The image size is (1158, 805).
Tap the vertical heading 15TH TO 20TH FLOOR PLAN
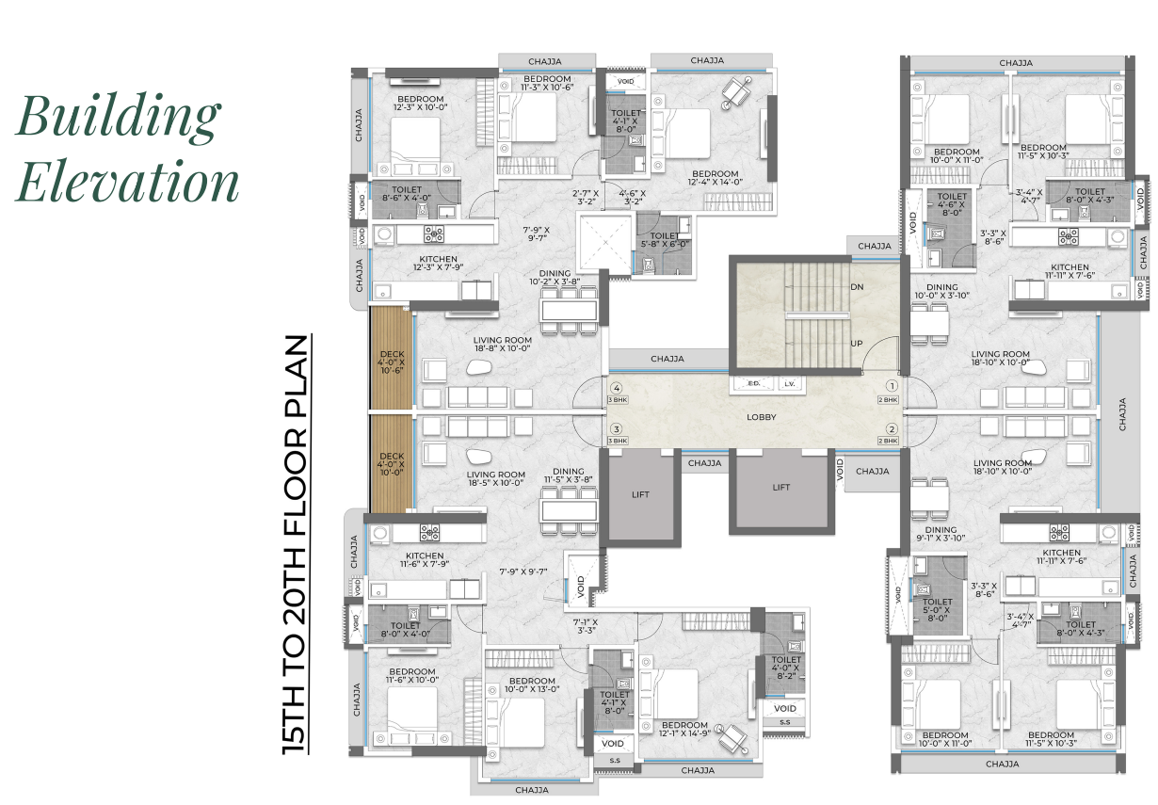tap(298, 544)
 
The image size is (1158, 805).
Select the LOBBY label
tap(761, 417)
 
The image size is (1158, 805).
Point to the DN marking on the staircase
tap(857, 287)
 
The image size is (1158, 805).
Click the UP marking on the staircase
tap(857, 344)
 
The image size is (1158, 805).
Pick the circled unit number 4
tap(618, 387)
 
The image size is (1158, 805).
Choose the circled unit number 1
tap(889, 386)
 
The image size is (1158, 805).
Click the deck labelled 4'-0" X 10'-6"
tap(392, 362)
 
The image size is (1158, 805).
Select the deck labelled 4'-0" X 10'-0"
tap(392, 464)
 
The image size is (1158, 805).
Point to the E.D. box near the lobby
tap(753, 384)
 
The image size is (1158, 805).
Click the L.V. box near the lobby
tap(789, 384)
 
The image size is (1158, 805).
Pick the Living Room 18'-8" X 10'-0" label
tap(503, 345)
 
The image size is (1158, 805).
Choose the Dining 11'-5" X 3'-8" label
tap(569, 476)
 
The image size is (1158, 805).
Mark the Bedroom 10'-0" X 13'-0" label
tap(532, 685)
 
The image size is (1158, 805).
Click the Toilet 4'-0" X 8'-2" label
tap(786, 668)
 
